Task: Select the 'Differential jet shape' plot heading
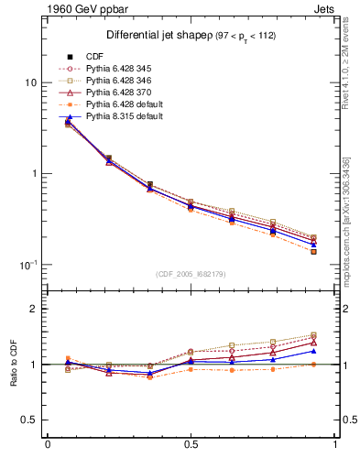pos(149,35)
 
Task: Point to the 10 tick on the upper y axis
pos(30,82)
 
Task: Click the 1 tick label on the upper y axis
pos(33,174)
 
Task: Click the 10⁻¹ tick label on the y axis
pos(28,264)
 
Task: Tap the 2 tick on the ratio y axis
pos(33,310)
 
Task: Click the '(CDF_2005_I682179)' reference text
pos(191,274)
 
